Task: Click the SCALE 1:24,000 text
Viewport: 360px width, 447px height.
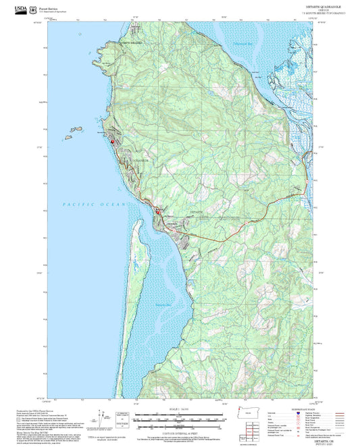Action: coord(180,410)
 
